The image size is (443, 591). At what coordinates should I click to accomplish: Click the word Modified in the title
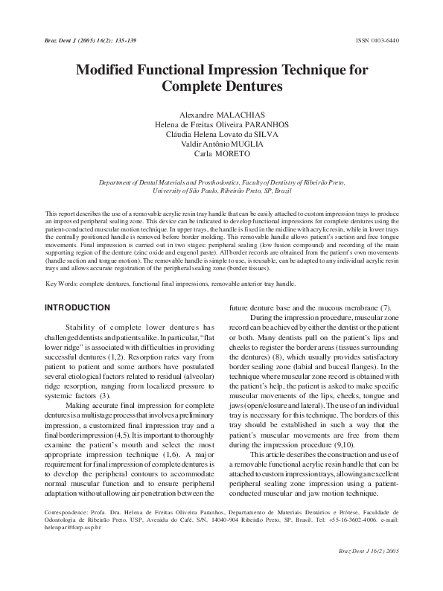tap(112, 71)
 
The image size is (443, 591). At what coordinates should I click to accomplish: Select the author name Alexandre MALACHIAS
tap(220, 115)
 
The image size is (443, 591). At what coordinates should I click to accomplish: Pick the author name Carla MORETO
tap(221, 154)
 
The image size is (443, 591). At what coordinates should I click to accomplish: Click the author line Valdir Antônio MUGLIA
tap(221, 144)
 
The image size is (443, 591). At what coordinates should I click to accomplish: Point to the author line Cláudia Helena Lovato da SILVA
tap(221, 135)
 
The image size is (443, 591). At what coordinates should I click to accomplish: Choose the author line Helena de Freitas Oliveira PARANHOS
tap(221, 125)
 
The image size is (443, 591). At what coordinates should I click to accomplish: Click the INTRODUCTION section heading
tap(77, 308)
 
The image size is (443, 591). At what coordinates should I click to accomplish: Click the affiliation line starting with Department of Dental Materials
tap(221, 182)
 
